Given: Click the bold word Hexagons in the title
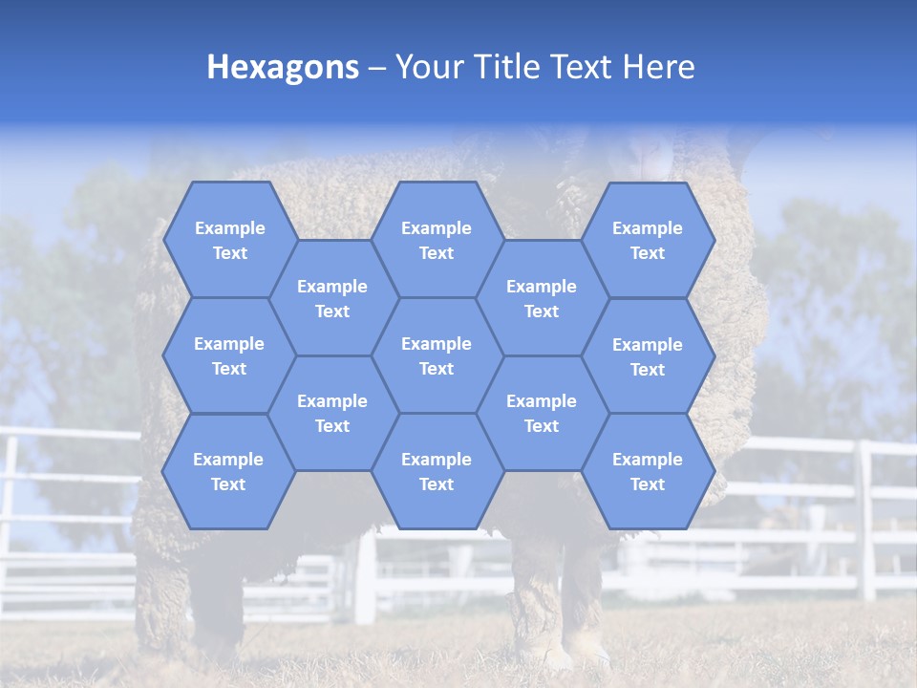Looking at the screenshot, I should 283,68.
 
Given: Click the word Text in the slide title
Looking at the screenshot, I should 584,68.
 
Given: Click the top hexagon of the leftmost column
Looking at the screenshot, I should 230,240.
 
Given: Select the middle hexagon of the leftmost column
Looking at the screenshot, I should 229,355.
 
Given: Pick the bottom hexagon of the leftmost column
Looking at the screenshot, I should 228,471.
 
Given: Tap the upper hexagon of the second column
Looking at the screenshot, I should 332,298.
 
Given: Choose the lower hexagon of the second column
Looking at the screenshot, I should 332,413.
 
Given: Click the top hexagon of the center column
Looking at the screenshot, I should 437,240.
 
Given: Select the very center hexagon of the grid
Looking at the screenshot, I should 437,355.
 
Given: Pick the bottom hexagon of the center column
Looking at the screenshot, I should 437,471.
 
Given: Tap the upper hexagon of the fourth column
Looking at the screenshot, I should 542,298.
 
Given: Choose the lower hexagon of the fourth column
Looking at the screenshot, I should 542,413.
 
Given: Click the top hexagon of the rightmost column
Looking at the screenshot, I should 648,240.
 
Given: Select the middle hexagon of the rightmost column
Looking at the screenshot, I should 648,356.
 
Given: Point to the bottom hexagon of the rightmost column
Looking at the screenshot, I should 648,471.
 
